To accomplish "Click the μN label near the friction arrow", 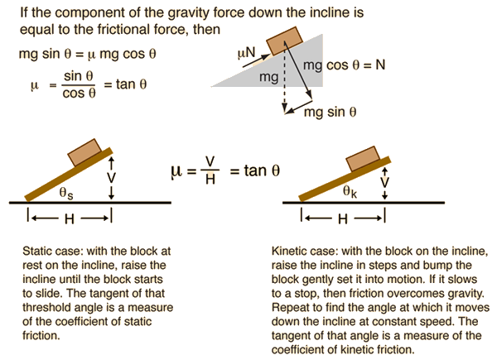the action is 246,53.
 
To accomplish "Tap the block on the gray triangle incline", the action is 284,41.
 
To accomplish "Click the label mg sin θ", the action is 330,112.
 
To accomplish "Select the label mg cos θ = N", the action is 345,65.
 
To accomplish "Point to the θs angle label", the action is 66,193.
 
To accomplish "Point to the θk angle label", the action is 350,191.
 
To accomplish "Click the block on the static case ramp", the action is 84,152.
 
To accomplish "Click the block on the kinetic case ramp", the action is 363,159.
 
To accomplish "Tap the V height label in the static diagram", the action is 111,178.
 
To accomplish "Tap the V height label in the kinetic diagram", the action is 385,182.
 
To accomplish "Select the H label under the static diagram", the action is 69,218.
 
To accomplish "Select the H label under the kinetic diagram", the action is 343,218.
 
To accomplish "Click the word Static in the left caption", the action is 36,251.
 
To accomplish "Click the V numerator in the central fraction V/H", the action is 210,161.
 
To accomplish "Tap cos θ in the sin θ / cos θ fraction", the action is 79,93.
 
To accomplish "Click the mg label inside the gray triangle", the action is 268,77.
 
